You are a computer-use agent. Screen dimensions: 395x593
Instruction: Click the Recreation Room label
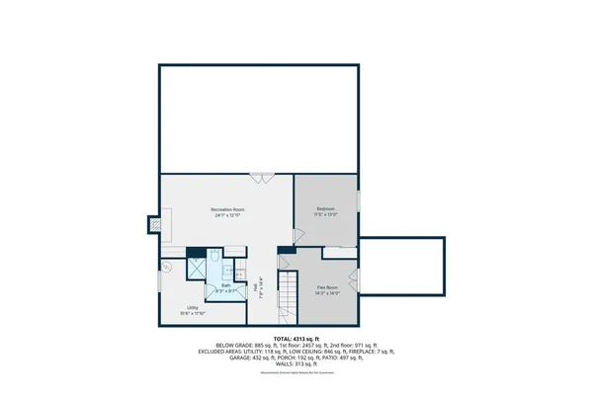tap(227, 209)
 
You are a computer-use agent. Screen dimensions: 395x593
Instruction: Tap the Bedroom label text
tap(326, 209)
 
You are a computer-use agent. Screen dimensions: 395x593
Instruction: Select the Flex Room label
tap(328, 287)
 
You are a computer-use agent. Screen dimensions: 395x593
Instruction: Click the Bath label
tap(225, 285)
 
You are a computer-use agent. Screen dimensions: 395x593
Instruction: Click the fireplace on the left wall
tap(153, 224)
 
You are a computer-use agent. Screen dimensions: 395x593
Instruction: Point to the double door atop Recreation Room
tap(262, 178)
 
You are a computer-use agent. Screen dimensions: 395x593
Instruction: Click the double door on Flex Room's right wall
tap(357, 278)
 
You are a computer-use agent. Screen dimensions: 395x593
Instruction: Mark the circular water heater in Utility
tap(167, 268)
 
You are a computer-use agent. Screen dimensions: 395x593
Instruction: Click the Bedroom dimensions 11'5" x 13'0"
tap(326, 215)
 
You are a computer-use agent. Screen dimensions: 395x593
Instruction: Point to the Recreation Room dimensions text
tap(227, 215)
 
